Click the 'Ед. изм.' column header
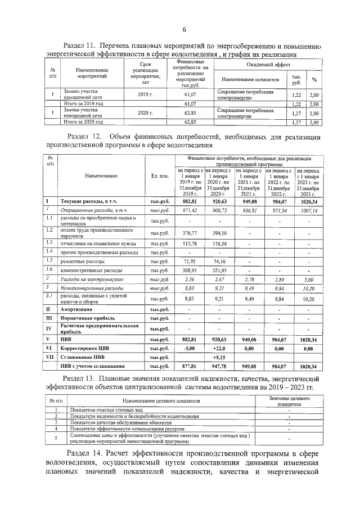coord(160,176)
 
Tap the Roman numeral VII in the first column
coord(49,357)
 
